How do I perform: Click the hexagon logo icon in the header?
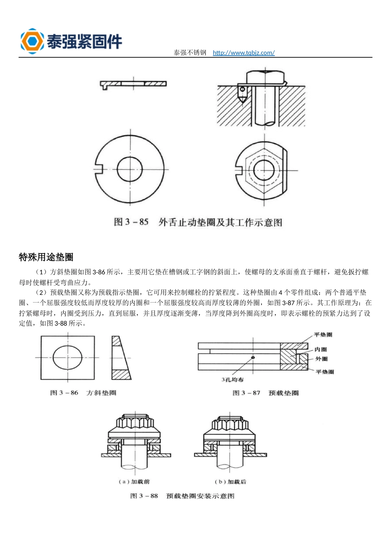point(32,41)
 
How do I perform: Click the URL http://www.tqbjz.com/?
point(244,53)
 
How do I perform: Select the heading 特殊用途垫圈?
point(46,257)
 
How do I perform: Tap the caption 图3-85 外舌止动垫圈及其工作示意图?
point(198,222)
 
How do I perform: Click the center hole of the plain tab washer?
point(130,169)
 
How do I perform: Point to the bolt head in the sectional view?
point(265,77)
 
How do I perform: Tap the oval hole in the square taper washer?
point(67,357)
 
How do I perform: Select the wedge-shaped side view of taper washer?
point(120,357)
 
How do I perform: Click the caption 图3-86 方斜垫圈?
point(83,393)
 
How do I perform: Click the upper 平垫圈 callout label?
point(323,335)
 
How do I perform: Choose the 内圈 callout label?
point(321,350)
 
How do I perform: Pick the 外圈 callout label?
point(321,359)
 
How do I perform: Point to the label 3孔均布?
point(233,380)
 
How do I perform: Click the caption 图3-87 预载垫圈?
point(265,393)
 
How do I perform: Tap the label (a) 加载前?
point(134,481)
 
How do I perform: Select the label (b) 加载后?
point(230,481)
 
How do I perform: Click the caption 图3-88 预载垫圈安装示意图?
point(182,496)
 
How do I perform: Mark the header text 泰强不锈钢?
point(190,53)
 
